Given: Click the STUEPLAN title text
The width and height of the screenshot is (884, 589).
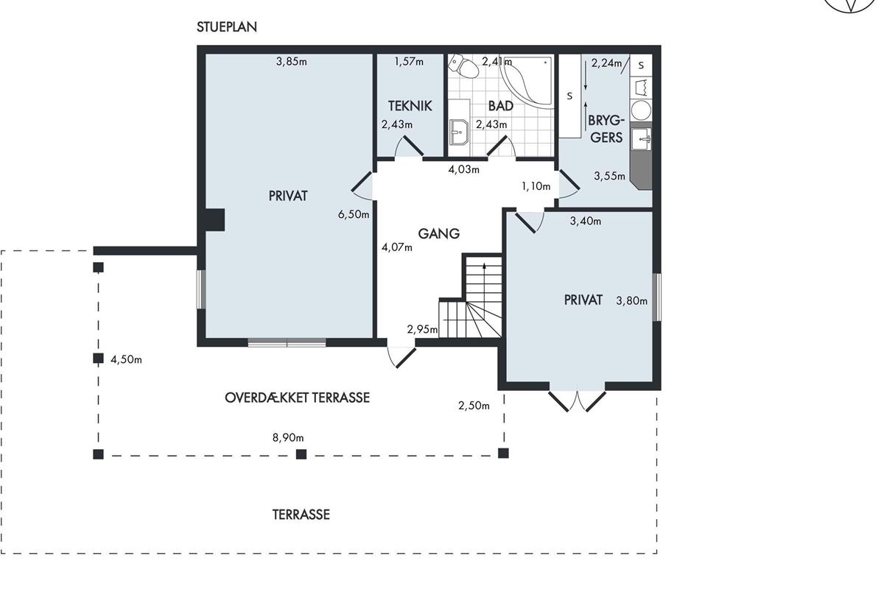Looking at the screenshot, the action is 227,27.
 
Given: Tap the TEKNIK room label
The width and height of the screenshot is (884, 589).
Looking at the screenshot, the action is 410,106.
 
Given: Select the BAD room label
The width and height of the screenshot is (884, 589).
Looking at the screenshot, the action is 501,106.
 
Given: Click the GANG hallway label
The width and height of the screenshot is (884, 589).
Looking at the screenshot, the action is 439,233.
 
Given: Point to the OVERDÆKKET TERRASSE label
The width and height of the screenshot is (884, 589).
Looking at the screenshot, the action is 297,398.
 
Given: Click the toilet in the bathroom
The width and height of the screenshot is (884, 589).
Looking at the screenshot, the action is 465,66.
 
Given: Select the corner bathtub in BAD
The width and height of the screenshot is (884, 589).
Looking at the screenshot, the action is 527,81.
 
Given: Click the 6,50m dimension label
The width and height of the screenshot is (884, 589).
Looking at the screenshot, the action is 354,214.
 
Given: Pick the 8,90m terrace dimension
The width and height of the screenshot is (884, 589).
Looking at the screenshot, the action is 288,437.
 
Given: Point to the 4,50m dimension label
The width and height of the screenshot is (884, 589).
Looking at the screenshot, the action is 126,359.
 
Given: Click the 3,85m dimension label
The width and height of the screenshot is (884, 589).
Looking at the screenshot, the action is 291,62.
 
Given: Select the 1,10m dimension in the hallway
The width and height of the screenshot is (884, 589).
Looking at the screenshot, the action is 536,186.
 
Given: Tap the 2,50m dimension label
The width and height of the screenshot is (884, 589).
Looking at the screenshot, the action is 474,406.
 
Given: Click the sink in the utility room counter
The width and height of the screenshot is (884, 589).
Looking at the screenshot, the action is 642,139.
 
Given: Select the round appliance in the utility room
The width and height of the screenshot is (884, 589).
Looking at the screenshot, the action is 641,110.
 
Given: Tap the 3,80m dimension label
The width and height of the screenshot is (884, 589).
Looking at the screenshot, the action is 632,301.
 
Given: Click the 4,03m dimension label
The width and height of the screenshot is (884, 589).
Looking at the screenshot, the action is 463,169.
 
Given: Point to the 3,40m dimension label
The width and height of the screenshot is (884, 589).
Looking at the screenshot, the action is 586,221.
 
